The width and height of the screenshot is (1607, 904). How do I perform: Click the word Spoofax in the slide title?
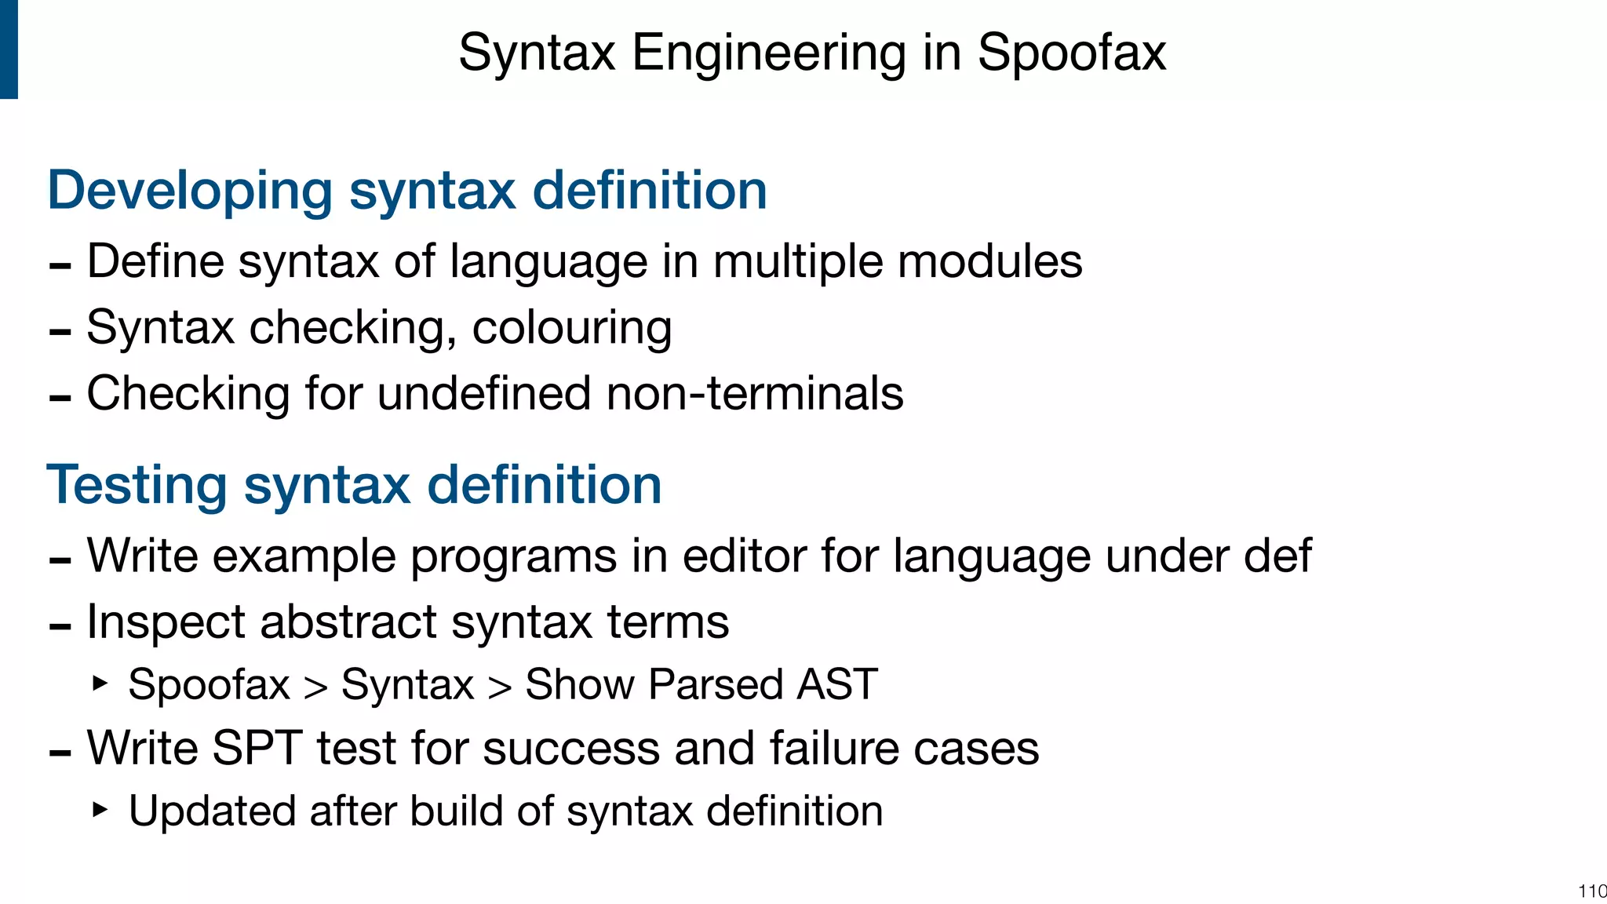(x=1071, y=53)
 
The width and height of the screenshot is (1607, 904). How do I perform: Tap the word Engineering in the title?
(x=768, y=53)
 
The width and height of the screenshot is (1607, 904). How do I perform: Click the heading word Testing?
(x=137, y=485)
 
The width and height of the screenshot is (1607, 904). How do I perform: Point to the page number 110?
(x=1592, y=891)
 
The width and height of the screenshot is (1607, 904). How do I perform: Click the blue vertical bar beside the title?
(x=9, y=49)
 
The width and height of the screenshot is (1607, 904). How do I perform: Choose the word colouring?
(x=571, y=327)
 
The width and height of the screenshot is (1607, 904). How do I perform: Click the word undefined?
(x=484, y=393)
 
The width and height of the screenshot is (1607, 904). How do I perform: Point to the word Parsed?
(x=716, y=684)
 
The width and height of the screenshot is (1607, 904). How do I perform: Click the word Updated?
(x=211, y=811)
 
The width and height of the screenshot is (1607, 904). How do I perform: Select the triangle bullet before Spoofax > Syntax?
(x=99, y=683)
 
